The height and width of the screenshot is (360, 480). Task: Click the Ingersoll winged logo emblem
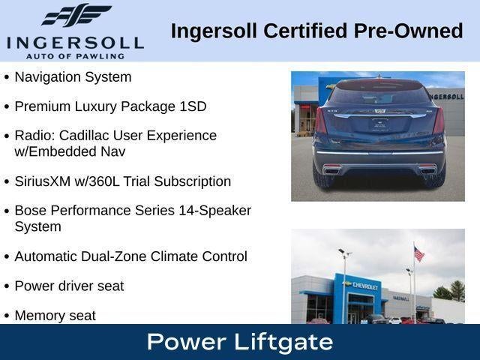[x=76, y=15]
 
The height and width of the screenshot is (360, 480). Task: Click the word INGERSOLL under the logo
[x=74, y=42]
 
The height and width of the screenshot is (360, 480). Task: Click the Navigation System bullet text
[x=73, y=76]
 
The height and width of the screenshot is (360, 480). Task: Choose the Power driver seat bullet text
[x=69, y=286]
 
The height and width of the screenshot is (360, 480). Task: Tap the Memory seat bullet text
[x=55, y=316]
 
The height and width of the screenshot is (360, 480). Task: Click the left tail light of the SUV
[x=321, y=120]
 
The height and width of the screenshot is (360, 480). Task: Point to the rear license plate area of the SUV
[x=379, y=124]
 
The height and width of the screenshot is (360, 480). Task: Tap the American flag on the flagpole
[x=418, y=254]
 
